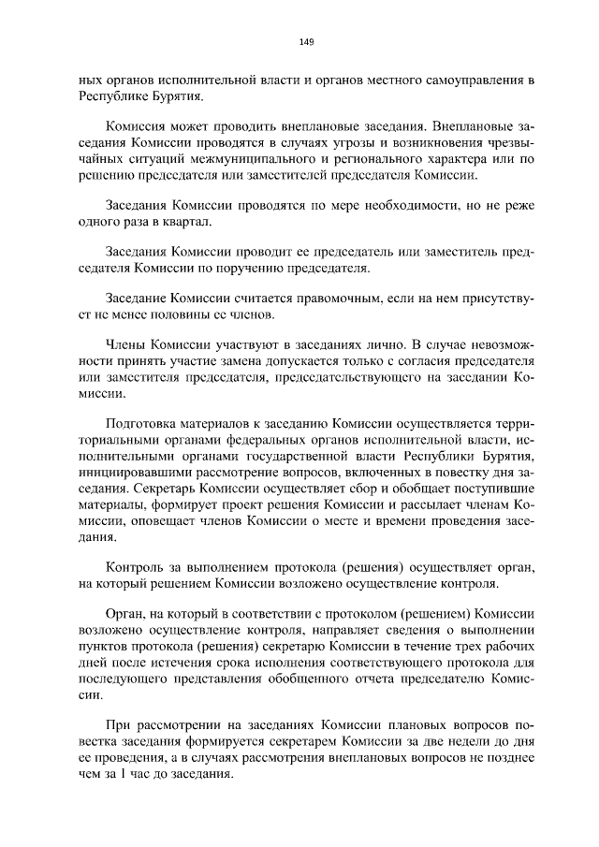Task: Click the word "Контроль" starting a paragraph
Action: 138,568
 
